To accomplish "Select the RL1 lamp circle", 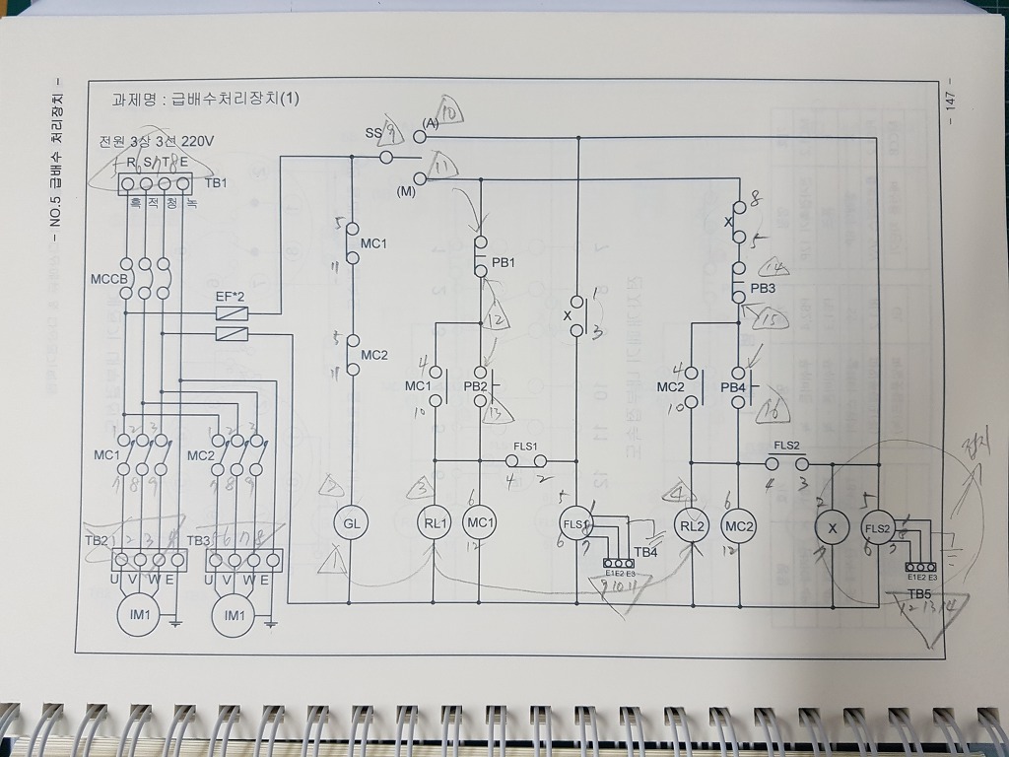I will point(435,523).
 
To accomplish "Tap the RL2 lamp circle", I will point(693,526).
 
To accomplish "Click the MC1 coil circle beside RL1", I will point(480,523).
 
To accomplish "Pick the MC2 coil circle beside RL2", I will point(739,526).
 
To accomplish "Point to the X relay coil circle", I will point(832,527).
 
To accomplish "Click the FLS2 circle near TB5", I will point(877,527).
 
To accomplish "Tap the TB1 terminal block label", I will point(216,183).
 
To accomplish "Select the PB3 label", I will point(763,288).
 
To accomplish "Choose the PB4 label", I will point(733,387).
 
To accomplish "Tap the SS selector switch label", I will point(372,132).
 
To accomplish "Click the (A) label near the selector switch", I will point(430,123).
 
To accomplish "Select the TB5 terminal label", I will point(919,594).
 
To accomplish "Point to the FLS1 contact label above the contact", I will point(524,446).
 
